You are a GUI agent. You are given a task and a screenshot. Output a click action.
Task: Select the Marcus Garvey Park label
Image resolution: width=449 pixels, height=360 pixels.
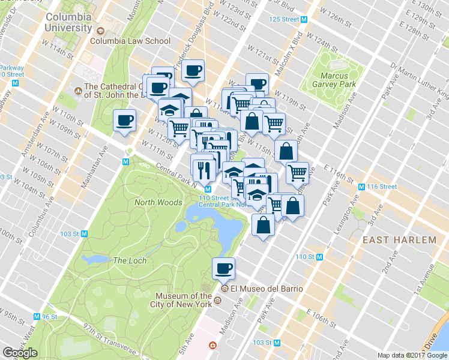click(338, 80)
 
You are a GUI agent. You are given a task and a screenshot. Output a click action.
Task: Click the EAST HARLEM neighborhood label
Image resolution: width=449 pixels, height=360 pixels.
click(399, 240)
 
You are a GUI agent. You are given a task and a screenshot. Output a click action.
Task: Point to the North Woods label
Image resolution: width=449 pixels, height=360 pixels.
click(158, 202)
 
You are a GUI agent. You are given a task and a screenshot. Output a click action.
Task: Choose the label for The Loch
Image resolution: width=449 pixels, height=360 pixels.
click(128, 260)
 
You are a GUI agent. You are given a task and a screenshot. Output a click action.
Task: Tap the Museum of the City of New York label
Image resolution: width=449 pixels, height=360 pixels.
click(183, 300)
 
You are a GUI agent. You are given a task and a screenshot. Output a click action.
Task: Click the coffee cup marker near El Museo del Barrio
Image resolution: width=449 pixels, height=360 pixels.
click(224, 268)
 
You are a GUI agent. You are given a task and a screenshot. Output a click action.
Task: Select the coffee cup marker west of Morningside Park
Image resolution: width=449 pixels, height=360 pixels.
click(124, 121)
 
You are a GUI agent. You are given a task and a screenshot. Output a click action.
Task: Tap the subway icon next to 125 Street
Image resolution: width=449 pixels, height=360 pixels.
click(304, 19)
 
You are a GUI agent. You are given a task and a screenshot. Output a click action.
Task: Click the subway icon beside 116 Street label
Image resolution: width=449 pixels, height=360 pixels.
click(361, 187)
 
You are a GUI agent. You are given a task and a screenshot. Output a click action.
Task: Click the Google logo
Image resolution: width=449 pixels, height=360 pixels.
click(20, 353)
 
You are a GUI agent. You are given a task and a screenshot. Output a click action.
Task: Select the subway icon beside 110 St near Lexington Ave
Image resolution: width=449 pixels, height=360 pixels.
click(319, 257)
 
